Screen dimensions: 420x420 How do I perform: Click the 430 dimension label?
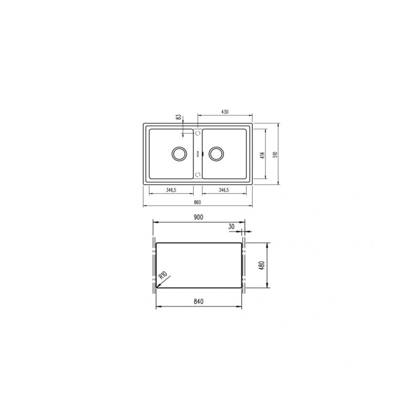pos(225,112)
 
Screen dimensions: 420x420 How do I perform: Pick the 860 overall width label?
pos(197,202)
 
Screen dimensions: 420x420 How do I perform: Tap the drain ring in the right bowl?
pos(216,154)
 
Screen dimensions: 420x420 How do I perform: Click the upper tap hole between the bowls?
pos(197,134)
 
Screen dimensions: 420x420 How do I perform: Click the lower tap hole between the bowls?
pos(197,174)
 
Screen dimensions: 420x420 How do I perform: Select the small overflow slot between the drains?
pos(197,154)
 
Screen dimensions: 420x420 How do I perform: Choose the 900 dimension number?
pos(198,217)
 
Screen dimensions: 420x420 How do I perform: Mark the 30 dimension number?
pos(232,227)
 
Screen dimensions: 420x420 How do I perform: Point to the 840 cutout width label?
pos(198,302)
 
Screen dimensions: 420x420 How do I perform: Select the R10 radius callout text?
pos(163,275)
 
